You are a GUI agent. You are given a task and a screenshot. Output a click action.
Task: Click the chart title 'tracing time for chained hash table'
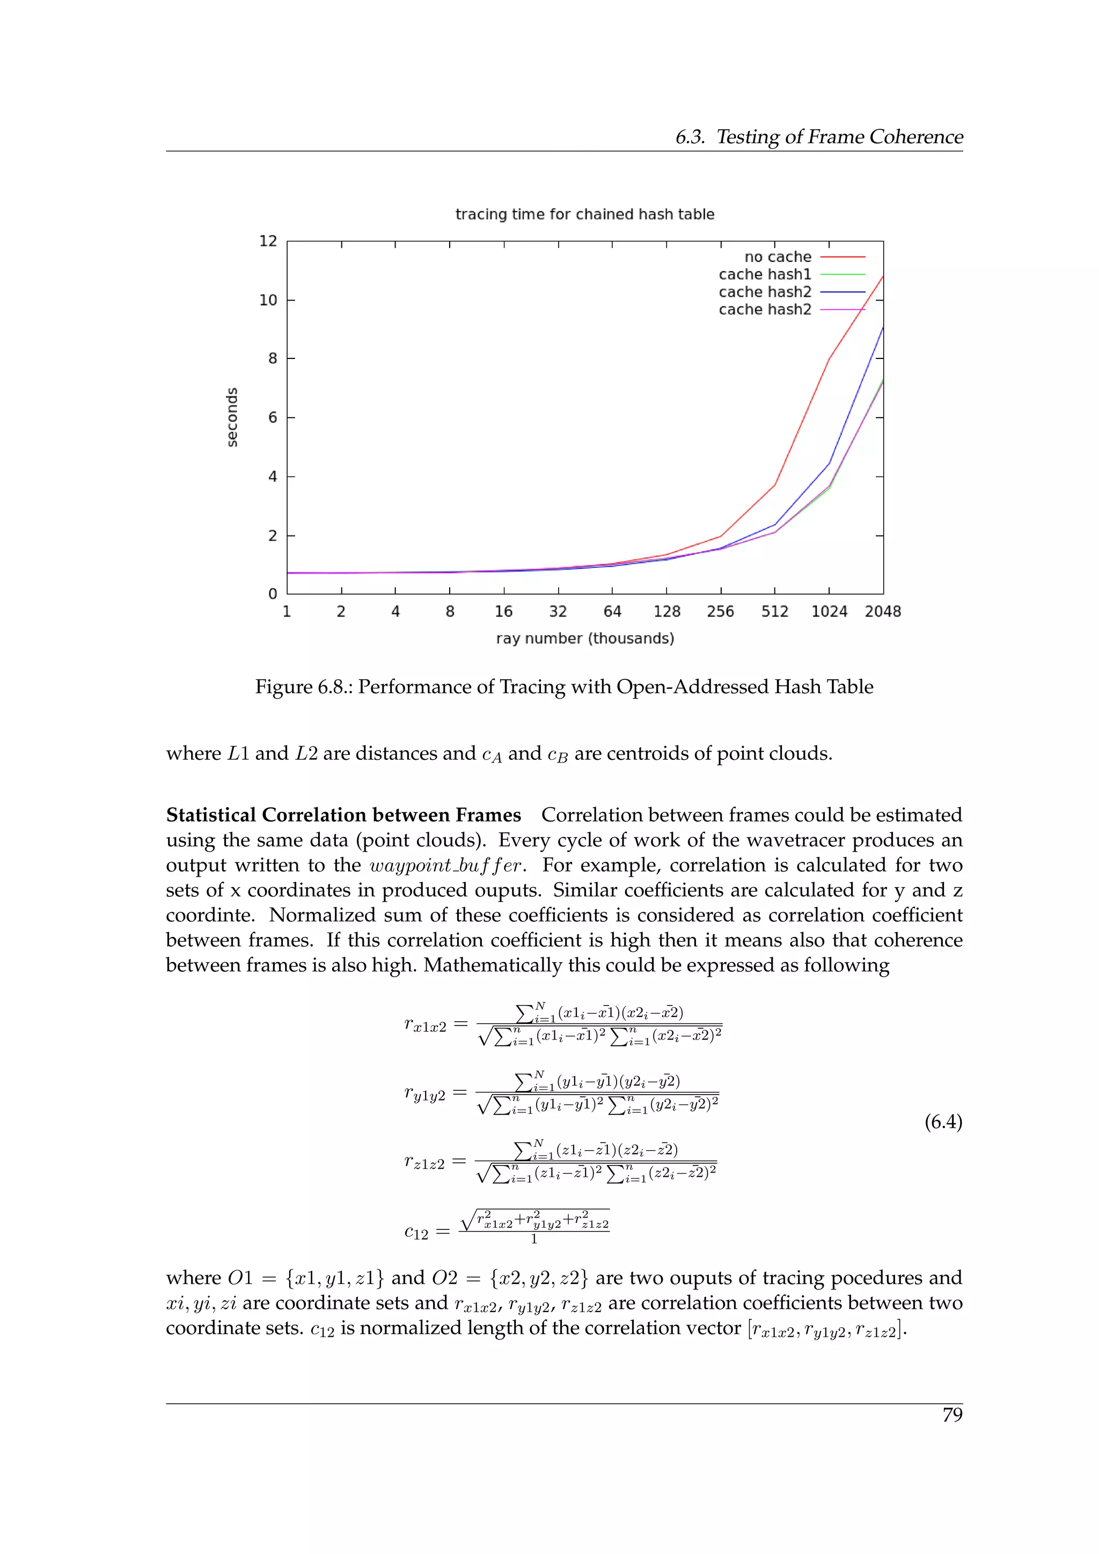[585, 215]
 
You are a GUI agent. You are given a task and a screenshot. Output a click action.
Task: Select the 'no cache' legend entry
[778, 257]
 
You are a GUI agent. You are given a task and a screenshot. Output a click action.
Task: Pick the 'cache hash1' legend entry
[765, 275]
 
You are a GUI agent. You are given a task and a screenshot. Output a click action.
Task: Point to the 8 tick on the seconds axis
[272, 359]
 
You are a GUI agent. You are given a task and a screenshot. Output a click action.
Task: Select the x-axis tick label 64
[612, 612]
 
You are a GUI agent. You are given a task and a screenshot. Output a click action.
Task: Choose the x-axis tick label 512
[774, 612]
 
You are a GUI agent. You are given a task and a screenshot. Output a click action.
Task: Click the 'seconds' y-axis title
[232, 417]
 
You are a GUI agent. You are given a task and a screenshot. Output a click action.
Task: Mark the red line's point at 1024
[829, 359]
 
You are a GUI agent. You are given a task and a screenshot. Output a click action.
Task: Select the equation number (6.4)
[943, 1122]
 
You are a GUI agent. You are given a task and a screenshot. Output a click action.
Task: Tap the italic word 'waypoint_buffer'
[446, 866]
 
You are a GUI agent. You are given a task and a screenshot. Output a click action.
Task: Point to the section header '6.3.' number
[690, 137]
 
